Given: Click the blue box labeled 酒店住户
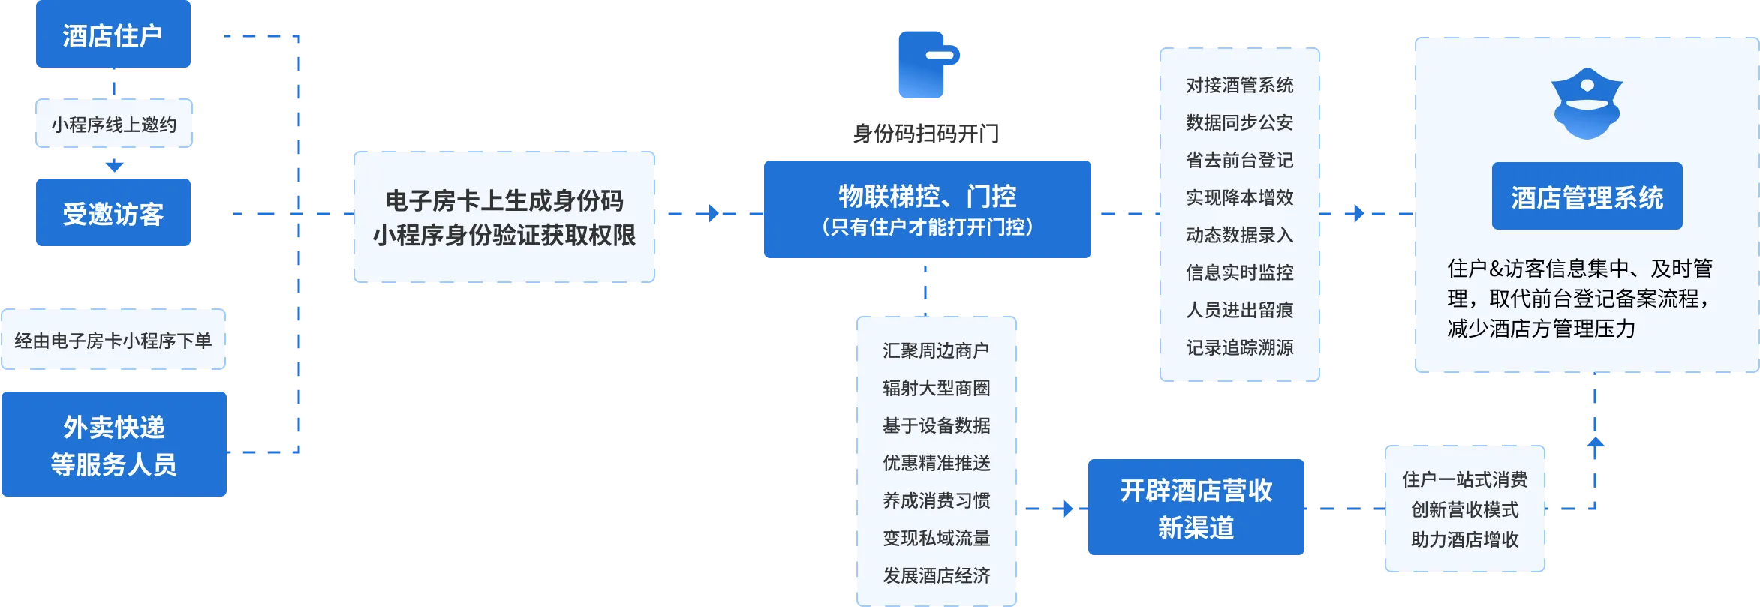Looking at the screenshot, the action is click(x=113, y=34).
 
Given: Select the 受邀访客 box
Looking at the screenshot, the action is click(x=113, y=212).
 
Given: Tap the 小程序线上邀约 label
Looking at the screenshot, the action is click(x=114, y=124).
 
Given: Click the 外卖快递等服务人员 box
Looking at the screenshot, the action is click(x=114, y=444).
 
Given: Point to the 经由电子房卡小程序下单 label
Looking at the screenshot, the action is click(x=113, y=341).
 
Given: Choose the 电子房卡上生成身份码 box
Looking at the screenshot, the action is click(x=504, y=217).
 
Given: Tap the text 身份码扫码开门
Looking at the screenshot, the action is click(x=927, y=134).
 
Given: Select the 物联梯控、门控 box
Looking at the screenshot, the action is click(x=928, y=209).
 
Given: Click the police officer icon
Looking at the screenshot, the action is click(x=1587, y=104).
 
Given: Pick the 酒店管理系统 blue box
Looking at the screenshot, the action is click(x=1587, y=196).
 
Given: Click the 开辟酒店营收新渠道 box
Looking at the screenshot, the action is click(x=1196, y=507).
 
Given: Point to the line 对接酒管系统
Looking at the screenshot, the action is click(x=1240, y=85).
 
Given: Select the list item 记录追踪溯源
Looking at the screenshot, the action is click(x=1240, y=347).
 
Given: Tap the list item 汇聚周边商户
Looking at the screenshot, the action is click(x=936, y=350).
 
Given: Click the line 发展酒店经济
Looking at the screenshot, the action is click(x=937, y=575).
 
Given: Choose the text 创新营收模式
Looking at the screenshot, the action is click(x=1465, y=509).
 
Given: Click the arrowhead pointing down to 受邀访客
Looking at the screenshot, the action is click(x=114, y=166).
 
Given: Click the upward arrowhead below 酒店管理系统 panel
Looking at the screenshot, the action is click(x=1596, y=443).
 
